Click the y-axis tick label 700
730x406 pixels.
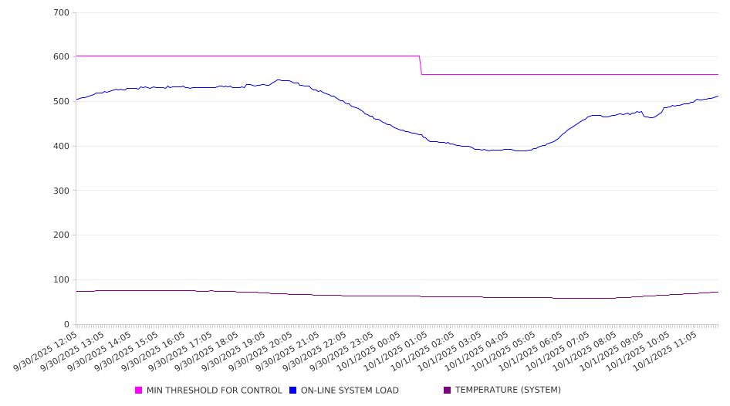coord(62,13)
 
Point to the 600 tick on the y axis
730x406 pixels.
coord(62,57)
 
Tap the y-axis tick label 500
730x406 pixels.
coord(62,102)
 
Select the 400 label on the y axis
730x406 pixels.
coord(62,147)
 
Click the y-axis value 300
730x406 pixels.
coord(62,191)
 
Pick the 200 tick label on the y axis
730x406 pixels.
coord(62,235)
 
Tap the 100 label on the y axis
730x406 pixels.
coord(62,280)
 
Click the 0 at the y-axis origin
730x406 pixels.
coord(67,324)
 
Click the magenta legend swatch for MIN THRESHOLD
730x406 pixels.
coord(139,391)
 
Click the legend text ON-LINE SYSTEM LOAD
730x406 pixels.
coord(350,391)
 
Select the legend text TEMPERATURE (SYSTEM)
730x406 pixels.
coord(508,391)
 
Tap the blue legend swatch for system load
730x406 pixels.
coord(293,391)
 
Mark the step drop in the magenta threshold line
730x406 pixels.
coord(421,65)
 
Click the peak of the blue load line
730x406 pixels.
coord(280,80)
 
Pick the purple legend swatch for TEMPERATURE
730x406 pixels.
coord(448,391)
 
